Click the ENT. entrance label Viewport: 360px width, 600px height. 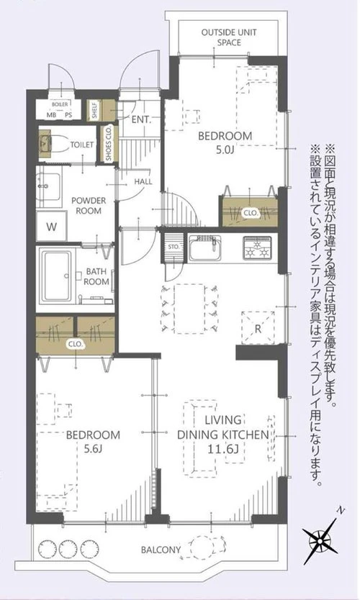140,120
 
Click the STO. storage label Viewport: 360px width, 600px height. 174,247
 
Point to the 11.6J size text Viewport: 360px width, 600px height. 225,450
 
